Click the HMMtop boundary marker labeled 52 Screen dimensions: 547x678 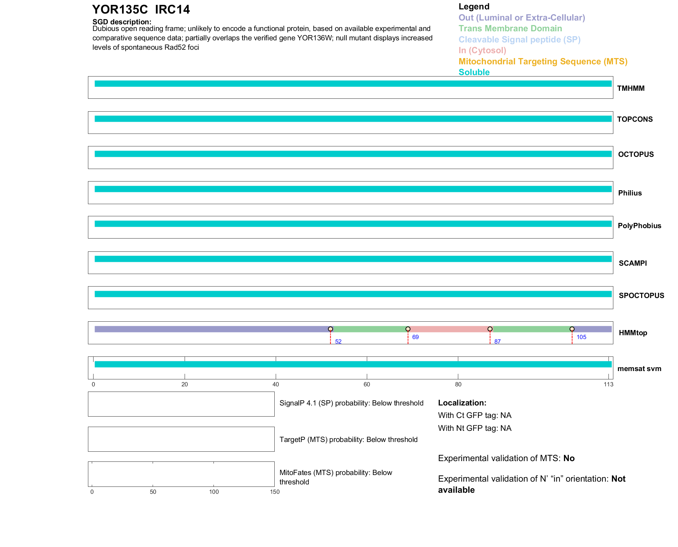(x=330, y=329)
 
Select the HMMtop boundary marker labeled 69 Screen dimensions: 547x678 (x=408, y=329)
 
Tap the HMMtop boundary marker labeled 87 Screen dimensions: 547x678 (x=490, y=329)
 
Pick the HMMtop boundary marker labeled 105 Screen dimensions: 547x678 (x=572, y=329)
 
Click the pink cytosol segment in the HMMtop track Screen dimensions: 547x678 (x=449, y=329)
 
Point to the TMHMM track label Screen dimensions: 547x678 (x=631, y=88)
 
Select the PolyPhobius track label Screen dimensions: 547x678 (x=639, y=226)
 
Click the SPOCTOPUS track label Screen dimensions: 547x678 (x=641, y=296)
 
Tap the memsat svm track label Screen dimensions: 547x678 (x=639, y=369)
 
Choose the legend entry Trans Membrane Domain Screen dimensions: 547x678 (x=510, y=29)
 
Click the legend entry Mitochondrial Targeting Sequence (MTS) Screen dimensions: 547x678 (x=543, y=62)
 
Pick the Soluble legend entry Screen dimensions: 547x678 (x=474, y=72)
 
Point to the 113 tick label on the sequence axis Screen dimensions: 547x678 (x=608, y=384)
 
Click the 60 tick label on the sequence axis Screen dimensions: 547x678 (x=367, y=384)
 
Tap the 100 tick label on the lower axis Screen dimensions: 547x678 (x=214, y=492)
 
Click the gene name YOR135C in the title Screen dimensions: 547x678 (x=120, y=9)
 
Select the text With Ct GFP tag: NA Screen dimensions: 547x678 (x=475, y=416)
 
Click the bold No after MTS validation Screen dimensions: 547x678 (x=569, y=458)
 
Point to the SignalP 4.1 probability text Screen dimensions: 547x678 (x=351, y=403)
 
